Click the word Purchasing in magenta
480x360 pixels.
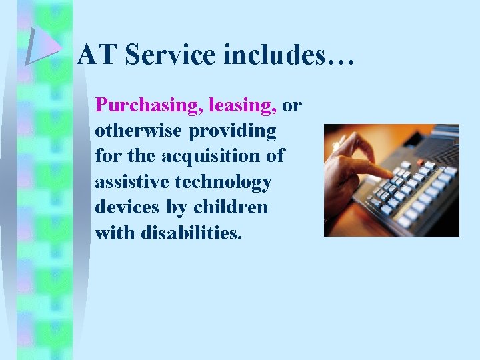point(150,106)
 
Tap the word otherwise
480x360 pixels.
point(138,131)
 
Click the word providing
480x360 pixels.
point(233,131)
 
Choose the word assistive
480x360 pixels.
point(135,181)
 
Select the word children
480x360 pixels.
point(231,207)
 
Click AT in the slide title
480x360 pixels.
point(97,55)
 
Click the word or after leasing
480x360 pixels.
point(292,106)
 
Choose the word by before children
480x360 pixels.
point(177,207)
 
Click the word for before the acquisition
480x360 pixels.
point(107,156)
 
